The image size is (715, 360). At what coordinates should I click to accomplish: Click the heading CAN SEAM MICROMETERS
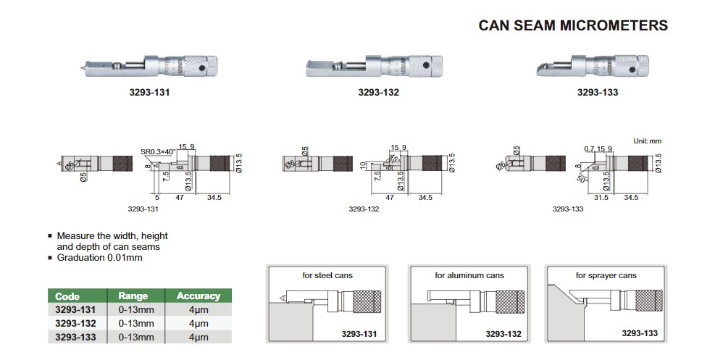(573, 25)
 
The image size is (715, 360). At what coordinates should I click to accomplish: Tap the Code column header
(67, 296)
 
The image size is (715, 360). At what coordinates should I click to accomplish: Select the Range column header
(133, 296)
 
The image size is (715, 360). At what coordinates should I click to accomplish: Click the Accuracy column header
(198, 296)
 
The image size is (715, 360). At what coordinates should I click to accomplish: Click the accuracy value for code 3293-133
(198, 337)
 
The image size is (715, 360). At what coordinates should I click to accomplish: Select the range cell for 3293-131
(135, 309)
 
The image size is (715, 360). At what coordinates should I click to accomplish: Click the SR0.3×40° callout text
(159, 151)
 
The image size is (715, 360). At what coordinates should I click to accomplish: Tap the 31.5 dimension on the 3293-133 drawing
(601, 197)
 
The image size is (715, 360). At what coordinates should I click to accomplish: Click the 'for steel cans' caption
(326, 275)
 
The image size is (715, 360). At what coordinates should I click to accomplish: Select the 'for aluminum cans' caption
(469, 275)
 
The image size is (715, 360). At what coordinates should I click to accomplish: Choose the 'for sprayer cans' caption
(606, 275)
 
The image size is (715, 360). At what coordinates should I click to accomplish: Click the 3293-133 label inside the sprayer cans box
(638, 332)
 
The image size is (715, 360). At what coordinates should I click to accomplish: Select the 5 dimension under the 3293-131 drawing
(156, 197)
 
